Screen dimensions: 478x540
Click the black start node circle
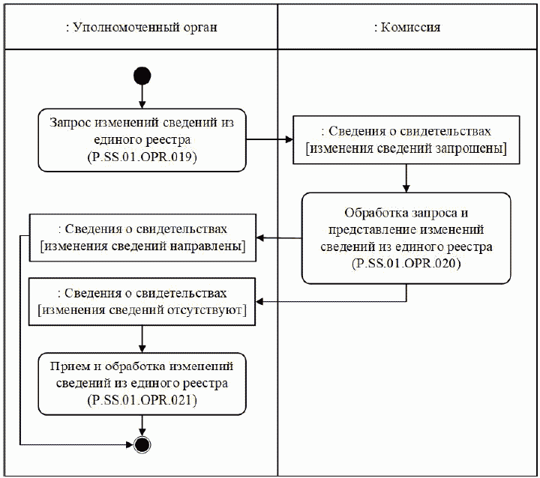tap(142, 75)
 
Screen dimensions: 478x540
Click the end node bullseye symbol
tap(142, 444)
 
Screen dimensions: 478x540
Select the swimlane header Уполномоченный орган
tap(141, 28)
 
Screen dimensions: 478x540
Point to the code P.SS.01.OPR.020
tap(406, 264)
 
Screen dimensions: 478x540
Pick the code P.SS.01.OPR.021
tap(142, 401)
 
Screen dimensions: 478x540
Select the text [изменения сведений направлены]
tap(142, 247)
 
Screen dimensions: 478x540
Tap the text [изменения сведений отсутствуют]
tap(142, 311)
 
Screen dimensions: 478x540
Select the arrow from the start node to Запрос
tap(142, 97)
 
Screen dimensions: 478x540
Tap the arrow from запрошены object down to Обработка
tap(406, 178)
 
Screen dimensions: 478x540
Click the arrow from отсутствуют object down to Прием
tap(142, 339)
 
